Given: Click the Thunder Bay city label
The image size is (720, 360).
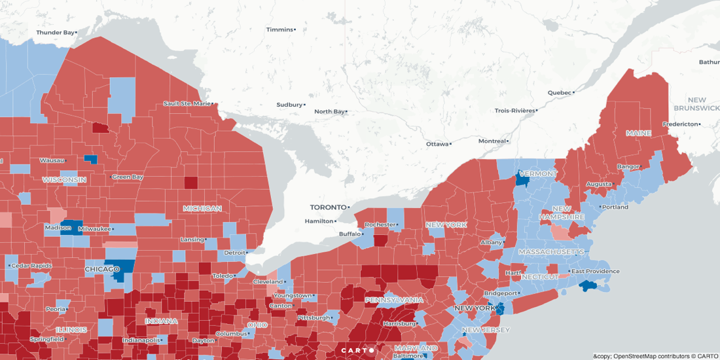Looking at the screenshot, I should click(x=56, y=32).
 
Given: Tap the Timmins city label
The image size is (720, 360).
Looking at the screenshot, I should click(x=279, y=29).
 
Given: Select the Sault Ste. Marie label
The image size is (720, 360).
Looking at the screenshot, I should click(x=187, y=103).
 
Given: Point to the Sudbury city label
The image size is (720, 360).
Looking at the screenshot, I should click(x=289, y=105).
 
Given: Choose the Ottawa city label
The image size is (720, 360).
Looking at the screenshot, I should click(x=438, y=144).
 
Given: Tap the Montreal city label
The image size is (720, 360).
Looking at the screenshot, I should click(x=492, y=141).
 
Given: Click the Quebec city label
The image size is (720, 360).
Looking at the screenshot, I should click(x=560, y=92).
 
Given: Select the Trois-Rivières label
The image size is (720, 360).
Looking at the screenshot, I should click(x=514, y=111).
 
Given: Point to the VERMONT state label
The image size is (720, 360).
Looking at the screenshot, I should click(x=538, y=174).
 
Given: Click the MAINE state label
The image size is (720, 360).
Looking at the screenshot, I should click(x=638, y=133).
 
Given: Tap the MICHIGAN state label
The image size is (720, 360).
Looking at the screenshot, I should click(x=202, y=208).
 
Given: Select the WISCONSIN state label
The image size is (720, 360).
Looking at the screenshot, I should click(x=64, y=179).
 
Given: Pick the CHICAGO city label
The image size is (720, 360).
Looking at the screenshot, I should click(x=102, y=269).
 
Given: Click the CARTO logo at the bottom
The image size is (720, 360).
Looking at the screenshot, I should click(x=357, y=350).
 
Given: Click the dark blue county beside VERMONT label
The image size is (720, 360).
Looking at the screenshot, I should click(x=522, y=179).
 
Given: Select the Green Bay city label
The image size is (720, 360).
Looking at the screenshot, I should click(x=127, y=177).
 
